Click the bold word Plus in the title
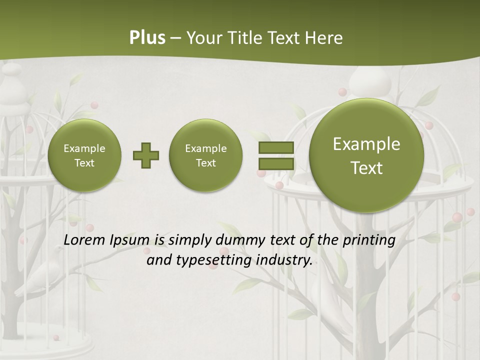pyautogui.click(x=147, y=38)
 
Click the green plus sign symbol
pyautogui.click(x=146, y=155)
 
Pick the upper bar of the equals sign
pyautogui.click(x=276, y=148)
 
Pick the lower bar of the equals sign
pyautogui.click(x=276, y=163)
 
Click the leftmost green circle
pyautogui.click(x=84, y=155)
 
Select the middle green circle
pyautogui.click(x=206, y=155)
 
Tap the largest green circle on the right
pyautogui.click(x=366, y=155)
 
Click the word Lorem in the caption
pyautogui.click(x=84, y=240)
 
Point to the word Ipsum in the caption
pyautogui.click(x=129, y=240)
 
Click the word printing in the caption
pyautogui.click(x=368, y=240)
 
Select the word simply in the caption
pyautogui.click(x=189, y=240)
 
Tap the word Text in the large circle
pyautogui.click(x=366, y=168)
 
